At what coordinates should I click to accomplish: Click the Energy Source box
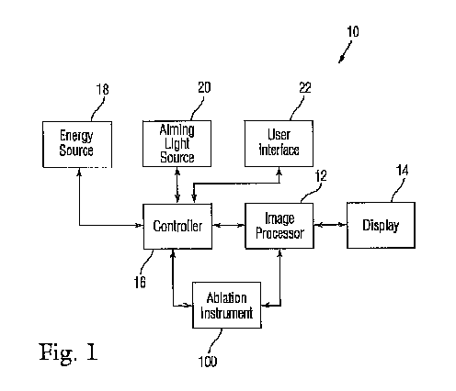tap(77, 144)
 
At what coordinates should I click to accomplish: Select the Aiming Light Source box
tap(177, 143)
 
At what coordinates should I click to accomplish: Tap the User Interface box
tap(279, 143)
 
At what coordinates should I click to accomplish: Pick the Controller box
tap(177, 227)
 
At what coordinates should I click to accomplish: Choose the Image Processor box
tap(279, 226)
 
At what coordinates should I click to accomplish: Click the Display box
tap(381, 225)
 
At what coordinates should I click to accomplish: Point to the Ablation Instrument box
tap(226, 305)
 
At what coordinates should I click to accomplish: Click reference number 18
tap(103, 89)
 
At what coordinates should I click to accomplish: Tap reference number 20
tap(204, 87)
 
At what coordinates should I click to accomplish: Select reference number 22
tap(305, 88)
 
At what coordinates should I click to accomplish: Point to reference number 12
tap(321, 176)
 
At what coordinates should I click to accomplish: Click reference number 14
tap(403, 170)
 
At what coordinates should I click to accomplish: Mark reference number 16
tap(140, 282)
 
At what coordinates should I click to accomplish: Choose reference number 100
tap(208, 362)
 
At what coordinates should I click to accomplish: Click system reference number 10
tap(353, 31)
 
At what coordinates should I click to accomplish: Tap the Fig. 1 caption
tap(68, 352)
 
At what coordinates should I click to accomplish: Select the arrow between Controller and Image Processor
tap(228, 226)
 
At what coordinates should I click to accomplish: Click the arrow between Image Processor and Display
tap(330, 225)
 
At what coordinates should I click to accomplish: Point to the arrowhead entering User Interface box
tap(279, 171)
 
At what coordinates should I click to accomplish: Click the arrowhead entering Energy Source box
tap(79, 172)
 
